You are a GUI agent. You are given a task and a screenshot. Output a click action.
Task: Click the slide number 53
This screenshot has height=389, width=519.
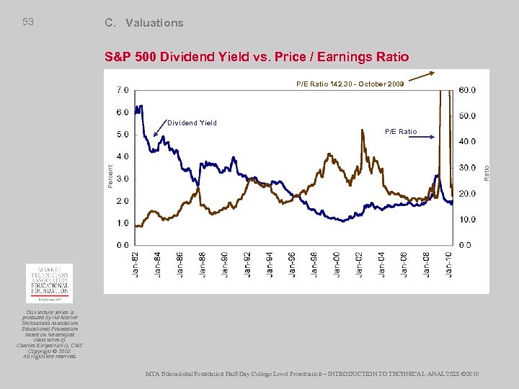pyautogui.click(x=28, y=22)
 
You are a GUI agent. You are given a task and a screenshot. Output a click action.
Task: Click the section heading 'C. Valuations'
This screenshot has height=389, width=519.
pyautogui.click(x=143, y=23)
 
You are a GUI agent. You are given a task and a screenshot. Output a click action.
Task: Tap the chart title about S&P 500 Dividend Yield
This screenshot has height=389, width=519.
pyautogui.click(x=257, y=57)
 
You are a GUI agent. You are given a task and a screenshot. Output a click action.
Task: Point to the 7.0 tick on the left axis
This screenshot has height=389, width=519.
pyautogui.click(x=123, y=90)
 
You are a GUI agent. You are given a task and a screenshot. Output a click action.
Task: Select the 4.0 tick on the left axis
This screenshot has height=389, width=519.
pyautogui.click(x=123, y=156)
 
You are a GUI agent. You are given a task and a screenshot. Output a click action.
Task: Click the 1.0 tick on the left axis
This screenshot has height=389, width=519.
pyautogui.click(x=123, y=223)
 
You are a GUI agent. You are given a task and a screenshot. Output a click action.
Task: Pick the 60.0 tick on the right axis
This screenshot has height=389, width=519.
pyautogui.click(x=467, y=90)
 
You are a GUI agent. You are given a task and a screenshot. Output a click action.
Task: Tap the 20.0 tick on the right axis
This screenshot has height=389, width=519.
pyautogui.click(x=467, y=193)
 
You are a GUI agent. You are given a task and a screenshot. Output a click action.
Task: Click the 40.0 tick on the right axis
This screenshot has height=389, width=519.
pyautogui.click(x=467, y=142)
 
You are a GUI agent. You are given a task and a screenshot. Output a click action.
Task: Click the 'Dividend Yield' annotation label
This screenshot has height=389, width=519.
pyautogui.click(x=192, y=123)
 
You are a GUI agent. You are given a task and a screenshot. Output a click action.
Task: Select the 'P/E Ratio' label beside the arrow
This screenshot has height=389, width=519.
pyautogui.click(x=400, y=132)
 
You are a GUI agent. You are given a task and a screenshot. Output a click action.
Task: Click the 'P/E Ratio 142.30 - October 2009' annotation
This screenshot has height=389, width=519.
pyautogui.click(x=350, y=84)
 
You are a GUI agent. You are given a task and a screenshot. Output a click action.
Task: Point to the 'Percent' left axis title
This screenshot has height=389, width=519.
pyautogui.click(x=110, y=176)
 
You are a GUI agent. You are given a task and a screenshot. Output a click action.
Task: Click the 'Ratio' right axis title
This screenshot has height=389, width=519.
pyautogui.click(x=487, y=173)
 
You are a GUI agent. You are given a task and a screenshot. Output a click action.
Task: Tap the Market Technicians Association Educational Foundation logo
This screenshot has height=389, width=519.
pyautogui.click(x=49, y=282)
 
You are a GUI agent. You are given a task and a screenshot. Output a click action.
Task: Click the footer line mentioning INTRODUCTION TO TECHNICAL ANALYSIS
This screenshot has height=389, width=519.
pyautogui.click(x=311, y=373)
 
